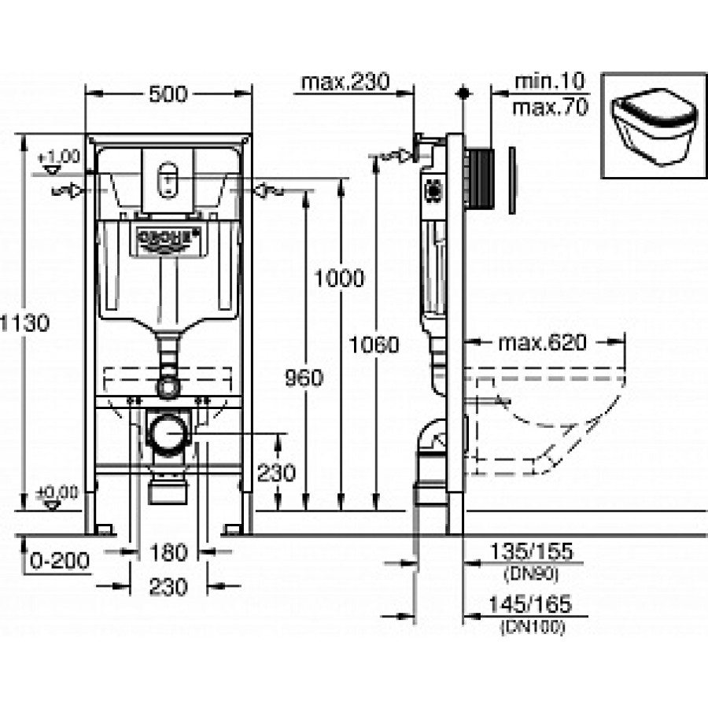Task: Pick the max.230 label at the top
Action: coord(345,82)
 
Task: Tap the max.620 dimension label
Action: coord(542,343)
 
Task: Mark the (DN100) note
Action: coord(532,627)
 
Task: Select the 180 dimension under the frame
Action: coord(169,552)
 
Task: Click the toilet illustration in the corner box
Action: coord(651,126)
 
